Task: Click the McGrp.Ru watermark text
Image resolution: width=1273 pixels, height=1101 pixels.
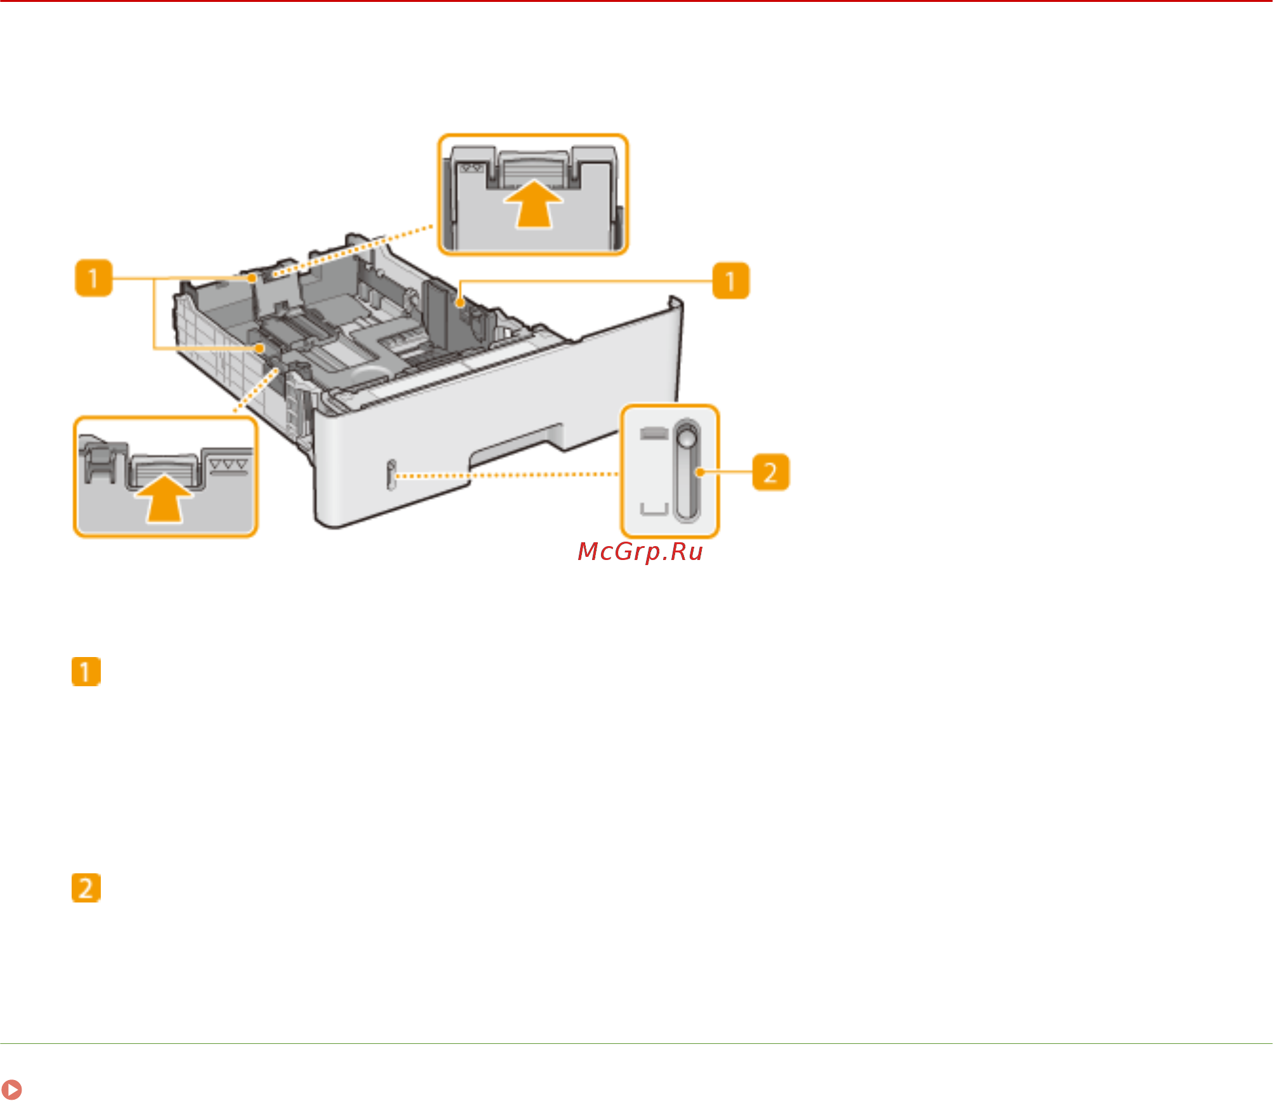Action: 640,552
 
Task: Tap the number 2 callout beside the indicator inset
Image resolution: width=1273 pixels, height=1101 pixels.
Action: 770,472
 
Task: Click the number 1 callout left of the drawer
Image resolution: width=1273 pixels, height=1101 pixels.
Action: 93,278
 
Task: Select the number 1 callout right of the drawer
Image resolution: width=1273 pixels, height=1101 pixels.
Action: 730,280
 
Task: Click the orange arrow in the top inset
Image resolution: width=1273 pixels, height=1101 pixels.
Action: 533,204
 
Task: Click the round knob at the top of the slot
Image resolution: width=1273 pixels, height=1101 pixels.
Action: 687,438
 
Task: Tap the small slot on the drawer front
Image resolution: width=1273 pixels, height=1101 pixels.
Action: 391,474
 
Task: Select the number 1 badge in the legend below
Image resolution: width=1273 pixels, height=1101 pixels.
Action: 86,672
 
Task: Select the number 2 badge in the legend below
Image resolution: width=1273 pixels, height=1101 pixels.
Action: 86,888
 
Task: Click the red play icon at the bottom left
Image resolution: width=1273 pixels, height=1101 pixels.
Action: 11,1089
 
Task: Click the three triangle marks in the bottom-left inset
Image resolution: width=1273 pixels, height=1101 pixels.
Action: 228,465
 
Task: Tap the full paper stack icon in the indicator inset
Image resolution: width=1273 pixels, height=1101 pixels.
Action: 654,433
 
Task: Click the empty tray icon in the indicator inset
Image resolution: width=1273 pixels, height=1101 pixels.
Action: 654,509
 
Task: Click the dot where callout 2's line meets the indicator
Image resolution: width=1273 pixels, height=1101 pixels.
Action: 700,472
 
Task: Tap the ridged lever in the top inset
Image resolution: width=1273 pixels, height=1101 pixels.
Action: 533,169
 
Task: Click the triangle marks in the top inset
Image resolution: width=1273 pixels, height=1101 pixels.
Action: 471,169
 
